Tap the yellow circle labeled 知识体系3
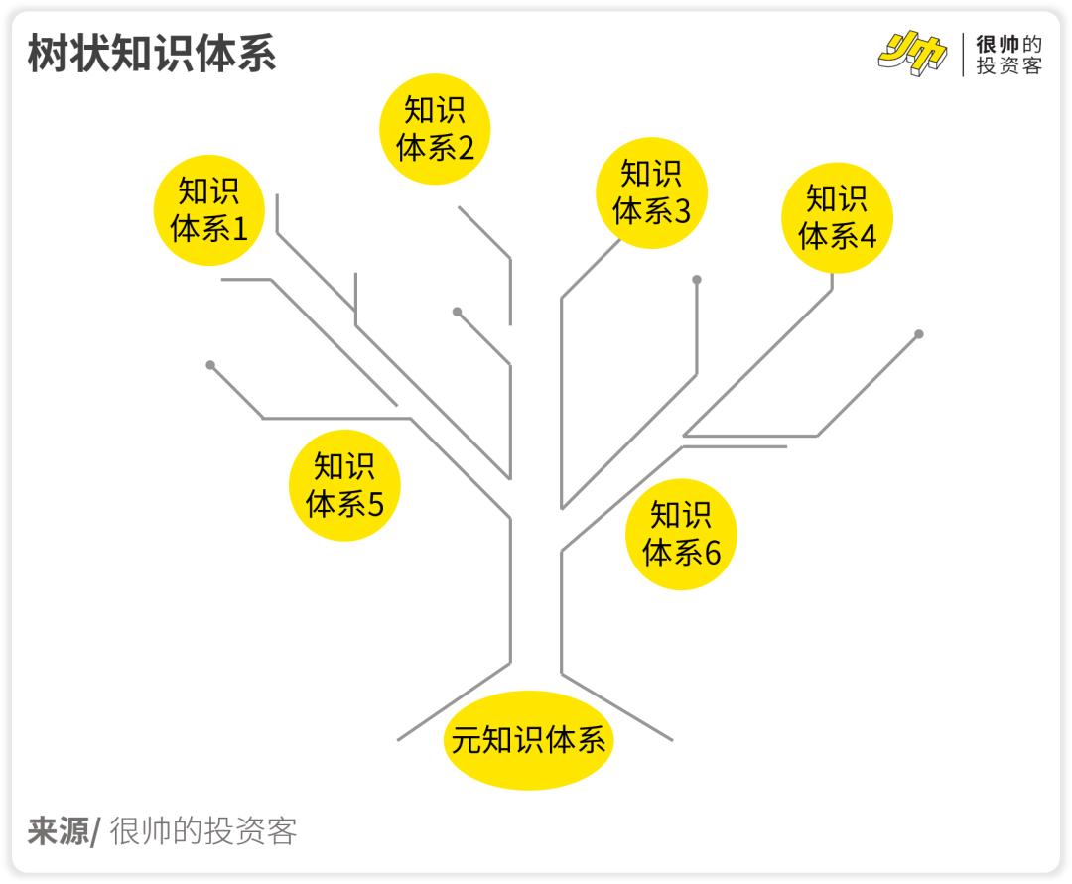[651, 191]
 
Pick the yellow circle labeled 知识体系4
[837, 217]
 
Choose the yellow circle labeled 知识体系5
[344, 485]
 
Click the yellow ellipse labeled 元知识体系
[528, 740]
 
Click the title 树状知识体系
[151, 55]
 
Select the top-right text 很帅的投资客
[1008, 56]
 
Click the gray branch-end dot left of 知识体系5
[210, 365]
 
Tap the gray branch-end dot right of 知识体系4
[919, 334]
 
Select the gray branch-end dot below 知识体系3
[697, 280]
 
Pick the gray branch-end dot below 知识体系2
[458, 312]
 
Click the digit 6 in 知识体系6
[712, 554]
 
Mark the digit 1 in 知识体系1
[239, 230]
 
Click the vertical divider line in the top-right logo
[962, 55]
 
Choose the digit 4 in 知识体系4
[868, 237]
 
